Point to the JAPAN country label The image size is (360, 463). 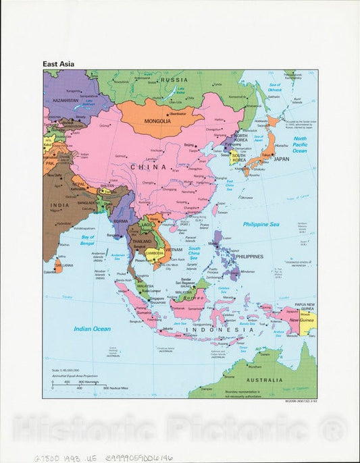coord(280,159)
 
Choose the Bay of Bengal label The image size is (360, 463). coord(93,238)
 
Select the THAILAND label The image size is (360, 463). coord(141,241)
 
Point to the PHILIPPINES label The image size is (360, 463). coord(248,257)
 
